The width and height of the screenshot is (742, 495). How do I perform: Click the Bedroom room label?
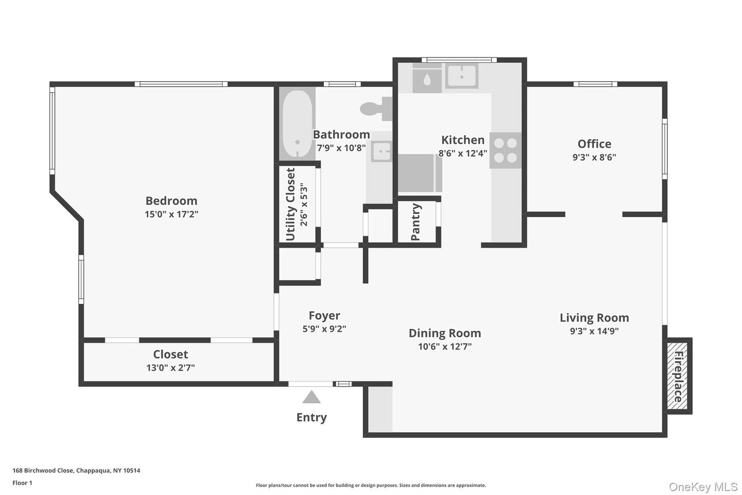coord(171,201)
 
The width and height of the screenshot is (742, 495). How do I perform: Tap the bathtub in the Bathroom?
coord(297,124)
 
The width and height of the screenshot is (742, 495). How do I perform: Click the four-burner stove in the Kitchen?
coord(505,150)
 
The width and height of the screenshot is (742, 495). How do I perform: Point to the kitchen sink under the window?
coord(462,76)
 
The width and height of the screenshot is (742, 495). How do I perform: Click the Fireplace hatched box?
coord(678,376)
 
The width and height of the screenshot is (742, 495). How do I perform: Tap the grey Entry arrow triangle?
coord(311,397)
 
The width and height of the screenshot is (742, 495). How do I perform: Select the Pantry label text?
coord(416,222)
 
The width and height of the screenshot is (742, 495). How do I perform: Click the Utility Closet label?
coord(290,204)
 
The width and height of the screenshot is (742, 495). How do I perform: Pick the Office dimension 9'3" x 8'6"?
coord(594,157)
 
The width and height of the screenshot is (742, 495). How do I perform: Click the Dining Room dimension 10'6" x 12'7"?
coord(444,346)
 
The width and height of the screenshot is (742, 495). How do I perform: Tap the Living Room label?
coord(594,318)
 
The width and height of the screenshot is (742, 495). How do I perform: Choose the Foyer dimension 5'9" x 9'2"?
coord(324,329)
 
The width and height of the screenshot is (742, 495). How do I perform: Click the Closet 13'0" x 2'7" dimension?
coord(170,368)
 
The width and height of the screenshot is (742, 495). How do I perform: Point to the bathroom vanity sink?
coord(381,152)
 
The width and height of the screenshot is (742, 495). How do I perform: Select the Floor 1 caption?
coord(22,483)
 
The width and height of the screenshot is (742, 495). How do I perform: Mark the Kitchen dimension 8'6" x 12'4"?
coord(463,154)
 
